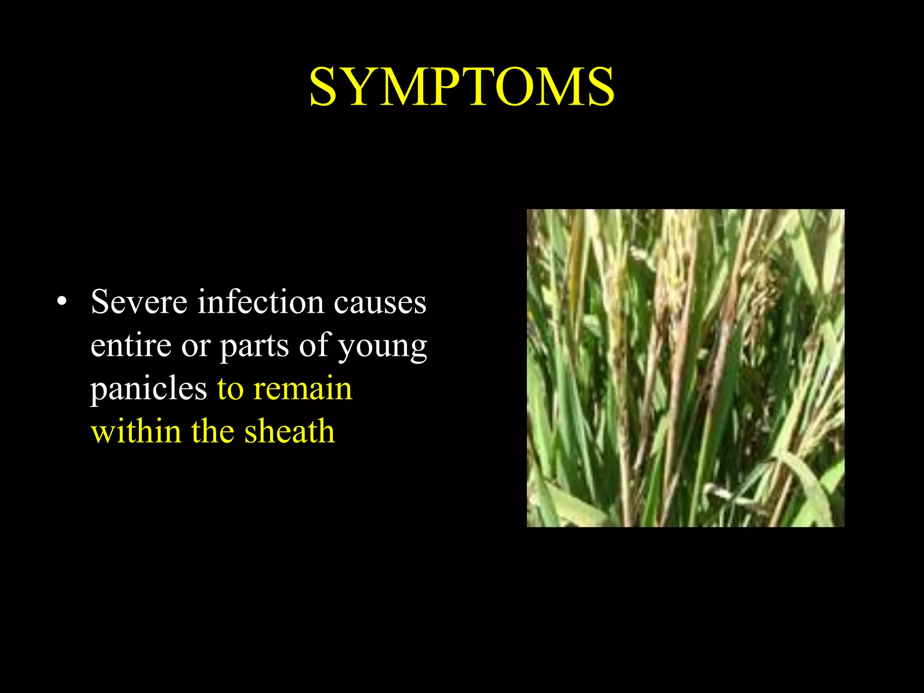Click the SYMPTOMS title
point(462,87)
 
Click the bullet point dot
point(62,301)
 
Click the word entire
point(131,345)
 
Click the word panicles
point(148,388)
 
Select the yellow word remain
point(302,388)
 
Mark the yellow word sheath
point(290,431)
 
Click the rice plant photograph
point(685,368)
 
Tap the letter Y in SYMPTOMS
point(361,87)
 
